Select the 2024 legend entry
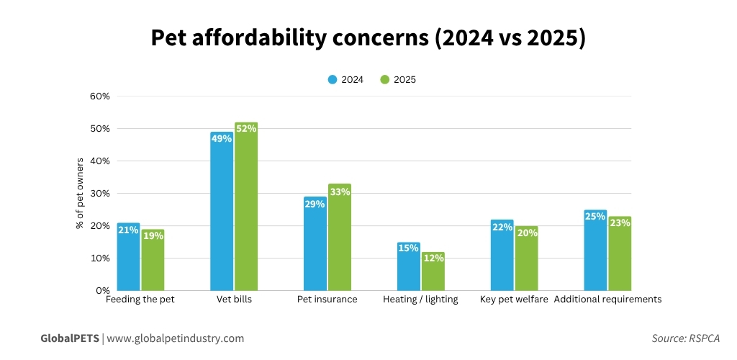pyautogui.click(x=345, y=80)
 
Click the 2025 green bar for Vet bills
pyautogui.click(x=246, y=209)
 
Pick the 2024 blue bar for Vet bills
pyautogui.click(x=222, y=212)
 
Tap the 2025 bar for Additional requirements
pyautogui.click(x=620, y=255)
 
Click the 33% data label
pyautogui.click(x=340, y=192)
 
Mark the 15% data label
pyautogui.click(x=408, y=248)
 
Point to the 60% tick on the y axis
pyautogui.click(x=99, y=96)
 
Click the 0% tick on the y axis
pyautogui.click(x=102, y=291)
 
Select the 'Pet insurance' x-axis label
pyautogui.click(x=327, y=300)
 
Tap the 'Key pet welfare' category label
pyautogui.click(x=514, y=300)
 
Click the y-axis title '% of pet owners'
pyautogui.click(x=80, y=193)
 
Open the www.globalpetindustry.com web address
pyautogui.click(x=176, y=338)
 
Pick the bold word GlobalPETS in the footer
pyautogui.click(x=70, y=338)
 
